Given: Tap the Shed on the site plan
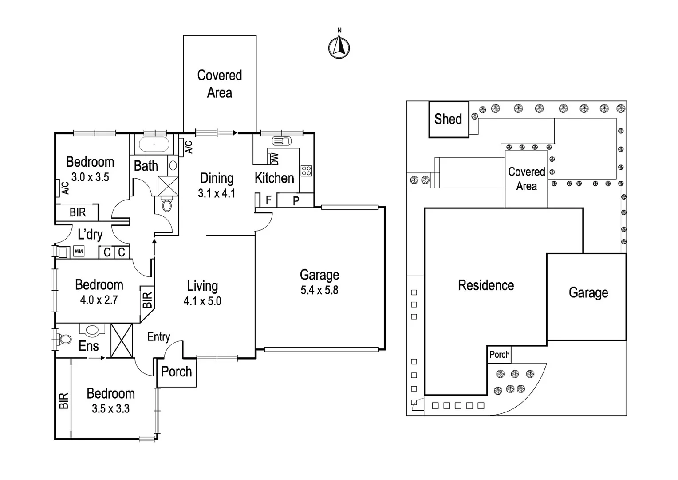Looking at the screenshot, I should click(x=448, y=119).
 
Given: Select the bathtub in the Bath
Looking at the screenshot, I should click(x=154, y=144).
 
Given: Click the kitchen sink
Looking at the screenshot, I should click(x=281, y=141).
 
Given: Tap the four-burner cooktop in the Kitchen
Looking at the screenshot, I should click(x=306, y=170).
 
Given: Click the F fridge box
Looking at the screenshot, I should click(x=268, y=200).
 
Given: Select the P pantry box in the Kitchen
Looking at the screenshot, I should click(x=296, y=201).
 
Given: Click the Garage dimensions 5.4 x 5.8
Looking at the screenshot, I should click(x=319, y=290).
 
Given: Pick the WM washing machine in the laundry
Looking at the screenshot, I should click(x=79, y=252).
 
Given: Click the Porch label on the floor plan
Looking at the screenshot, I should click(x=176, y=372).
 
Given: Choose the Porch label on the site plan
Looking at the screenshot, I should click(x=499, y=355).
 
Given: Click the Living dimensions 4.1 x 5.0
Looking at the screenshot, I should click(x=202, y=301).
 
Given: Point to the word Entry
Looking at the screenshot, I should click(x=158, y=337).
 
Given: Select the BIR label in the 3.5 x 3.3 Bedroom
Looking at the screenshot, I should click(x=63, y=401).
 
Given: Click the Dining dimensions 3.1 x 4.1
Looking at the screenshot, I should click(x=217, y=193).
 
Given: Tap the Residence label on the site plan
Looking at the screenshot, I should click(x=486, y=285).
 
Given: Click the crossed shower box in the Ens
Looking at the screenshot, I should click(x=122, y=340).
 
